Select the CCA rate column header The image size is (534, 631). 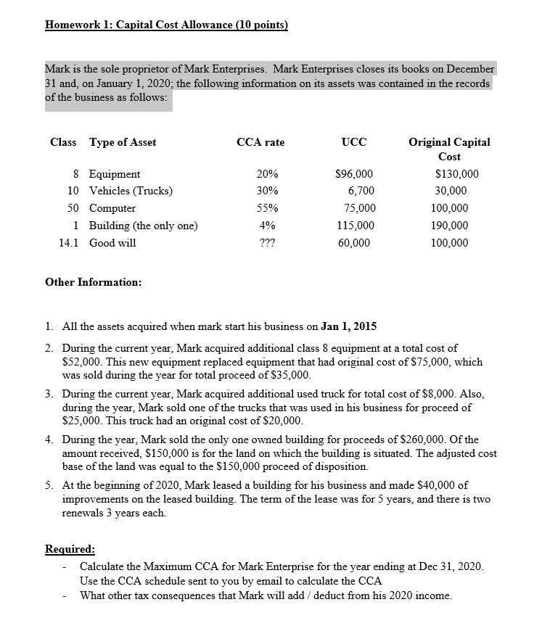[260, 142]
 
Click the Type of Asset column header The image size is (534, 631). [123, 142]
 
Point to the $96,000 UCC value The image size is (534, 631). [355, 174]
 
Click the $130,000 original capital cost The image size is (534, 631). [456, 174]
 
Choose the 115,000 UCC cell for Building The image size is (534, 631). [356, 226]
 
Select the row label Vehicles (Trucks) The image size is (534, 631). [131, 191]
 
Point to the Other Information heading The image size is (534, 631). [94, 281]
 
